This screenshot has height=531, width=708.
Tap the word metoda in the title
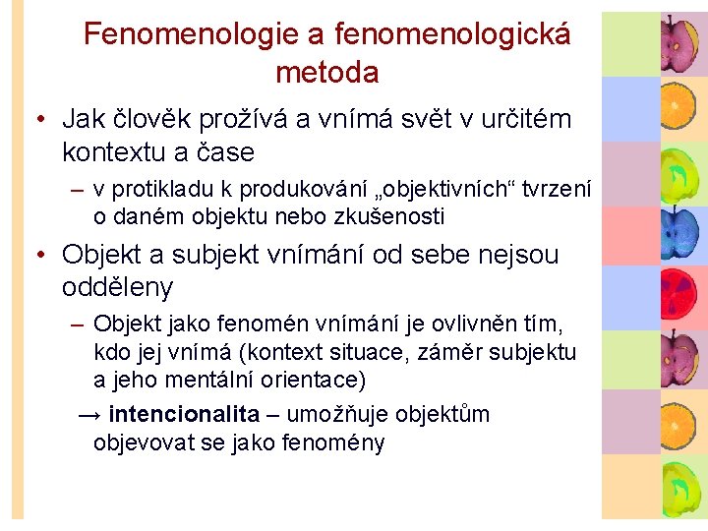tap(327, 72)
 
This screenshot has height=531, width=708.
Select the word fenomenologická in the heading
tap(452, 34)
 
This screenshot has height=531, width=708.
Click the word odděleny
tap(117, 287)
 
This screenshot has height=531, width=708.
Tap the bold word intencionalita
tap(185, 414)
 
